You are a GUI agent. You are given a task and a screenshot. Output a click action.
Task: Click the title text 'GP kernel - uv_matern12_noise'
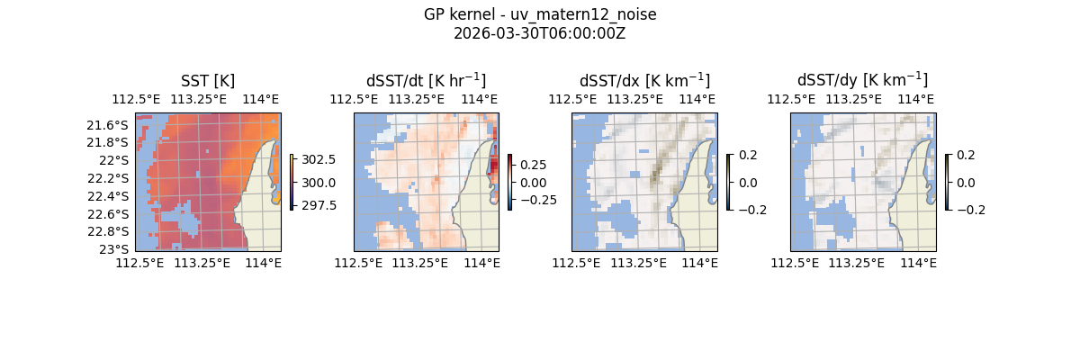coord(540,14)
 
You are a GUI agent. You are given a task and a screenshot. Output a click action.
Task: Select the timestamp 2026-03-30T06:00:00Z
coord(540,32)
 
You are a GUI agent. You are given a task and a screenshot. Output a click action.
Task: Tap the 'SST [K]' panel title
coord(208,81)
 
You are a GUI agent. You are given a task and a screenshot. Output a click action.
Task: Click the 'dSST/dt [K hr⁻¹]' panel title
coord(426,80)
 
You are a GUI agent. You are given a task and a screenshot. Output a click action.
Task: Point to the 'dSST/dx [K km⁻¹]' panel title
coord(644,80)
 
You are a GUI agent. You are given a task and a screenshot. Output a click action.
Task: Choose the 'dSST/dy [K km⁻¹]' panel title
coord(862,80)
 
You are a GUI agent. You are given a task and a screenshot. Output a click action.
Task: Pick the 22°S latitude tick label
coord(116,160)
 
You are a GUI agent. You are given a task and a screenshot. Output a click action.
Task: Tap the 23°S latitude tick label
coord(116,248)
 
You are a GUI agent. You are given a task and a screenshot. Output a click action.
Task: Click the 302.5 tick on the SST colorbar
coord(319,159)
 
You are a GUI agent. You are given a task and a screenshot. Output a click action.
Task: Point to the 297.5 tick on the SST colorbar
coord(319,205)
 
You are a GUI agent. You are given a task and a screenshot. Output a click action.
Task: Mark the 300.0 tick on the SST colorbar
coord(319,183)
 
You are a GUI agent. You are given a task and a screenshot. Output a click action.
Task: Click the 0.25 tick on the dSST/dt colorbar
coord(533,165)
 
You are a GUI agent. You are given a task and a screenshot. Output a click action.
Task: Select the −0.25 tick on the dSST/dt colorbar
coord(536,200)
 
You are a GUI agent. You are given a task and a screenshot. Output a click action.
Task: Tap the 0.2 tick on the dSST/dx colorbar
coord(749,155)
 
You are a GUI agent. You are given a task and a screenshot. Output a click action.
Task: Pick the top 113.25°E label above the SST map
coord(196,99)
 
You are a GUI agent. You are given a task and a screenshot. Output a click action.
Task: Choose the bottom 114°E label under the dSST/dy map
coord(918,263)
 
